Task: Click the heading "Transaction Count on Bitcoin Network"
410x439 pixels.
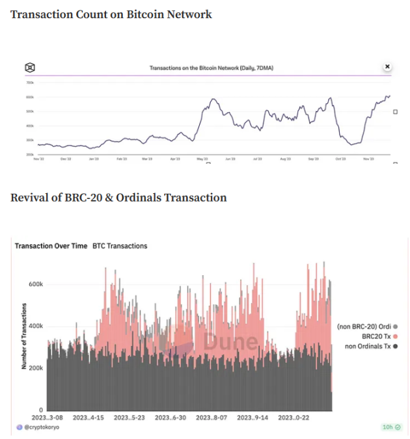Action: click(111, 14)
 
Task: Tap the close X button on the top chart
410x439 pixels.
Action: click(387, 66)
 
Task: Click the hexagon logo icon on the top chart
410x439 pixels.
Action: click(30, 67)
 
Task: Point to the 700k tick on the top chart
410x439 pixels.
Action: click(30, 83)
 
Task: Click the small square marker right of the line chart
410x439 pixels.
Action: click(395, 112)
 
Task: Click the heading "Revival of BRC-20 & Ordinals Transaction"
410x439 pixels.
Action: click(118, 198)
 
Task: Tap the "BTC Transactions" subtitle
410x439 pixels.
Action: click(120, 246)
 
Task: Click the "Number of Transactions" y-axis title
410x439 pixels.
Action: click(24, 336)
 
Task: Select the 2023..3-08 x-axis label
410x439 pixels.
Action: click(48, 418)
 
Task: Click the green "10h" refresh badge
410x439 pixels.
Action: click(391, 427)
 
